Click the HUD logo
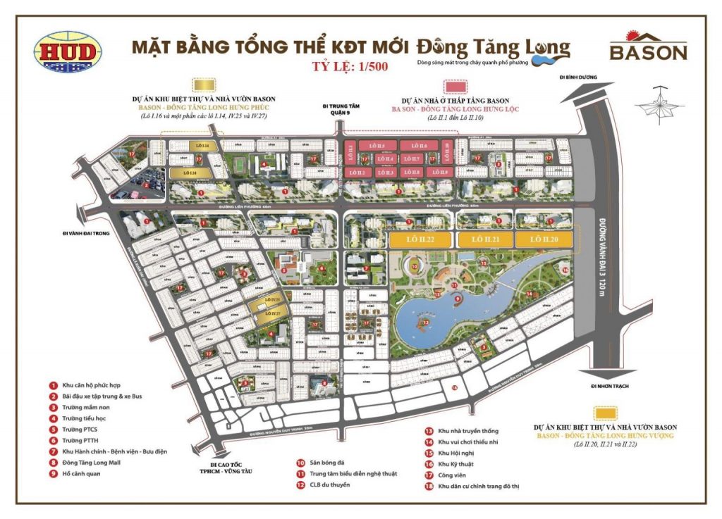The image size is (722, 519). point(68,51)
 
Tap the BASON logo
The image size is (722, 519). point(648,48)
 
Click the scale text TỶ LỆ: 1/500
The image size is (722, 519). point(348,68)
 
